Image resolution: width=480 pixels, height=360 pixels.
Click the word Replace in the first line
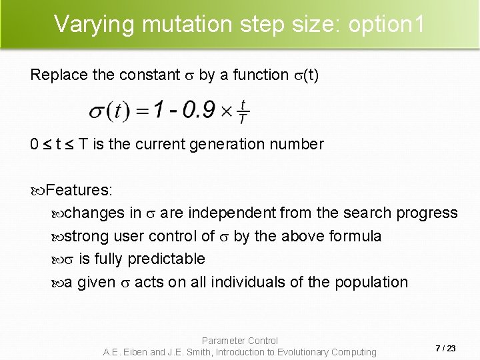point(59,75)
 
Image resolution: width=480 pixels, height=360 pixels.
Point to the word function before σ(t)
point(259,75)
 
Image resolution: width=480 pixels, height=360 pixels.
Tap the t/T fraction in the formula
point(243,112)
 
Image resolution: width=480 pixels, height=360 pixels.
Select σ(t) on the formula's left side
point(111,111)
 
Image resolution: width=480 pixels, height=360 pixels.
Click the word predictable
point(166,259)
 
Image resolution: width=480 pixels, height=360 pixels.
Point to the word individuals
point(249,282)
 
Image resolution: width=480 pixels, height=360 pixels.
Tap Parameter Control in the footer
point(240,341)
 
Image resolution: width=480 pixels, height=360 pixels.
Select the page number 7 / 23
point(445,348)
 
